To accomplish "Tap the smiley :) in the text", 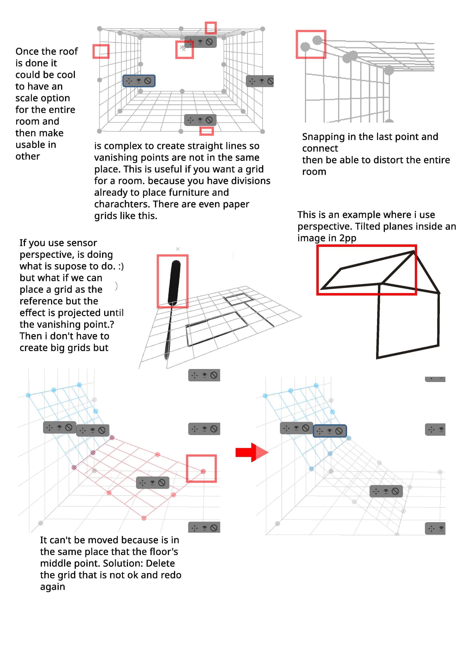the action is (x=121, y=266).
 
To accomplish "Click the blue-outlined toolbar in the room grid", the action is (x=139, y=81).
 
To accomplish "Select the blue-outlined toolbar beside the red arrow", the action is (x=330, y=431).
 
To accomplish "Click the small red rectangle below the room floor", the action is (x=206, y=131).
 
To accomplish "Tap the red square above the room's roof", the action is (x=211, y=28).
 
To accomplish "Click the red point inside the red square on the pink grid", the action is (x=203, y=471).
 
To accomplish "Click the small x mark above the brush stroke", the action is (x=178, y=249).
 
